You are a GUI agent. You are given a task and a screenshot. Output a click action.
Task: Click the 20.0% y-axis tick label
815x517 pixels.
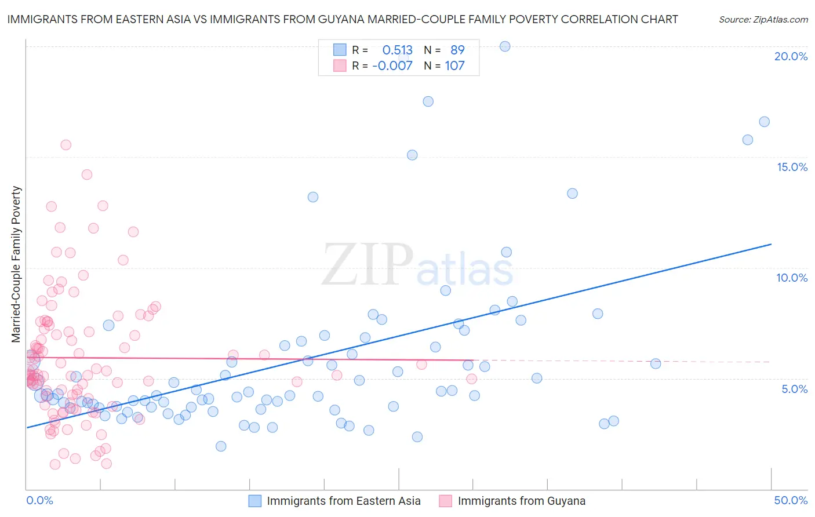(x=791, y=56)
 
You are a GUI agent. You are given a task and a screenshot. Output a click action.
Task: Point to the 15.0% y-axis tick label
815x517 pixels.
(x=792, y=167)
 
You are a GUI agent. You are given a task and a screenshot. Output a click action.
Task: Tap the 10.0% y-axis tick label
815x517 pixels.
(x=792, y=278)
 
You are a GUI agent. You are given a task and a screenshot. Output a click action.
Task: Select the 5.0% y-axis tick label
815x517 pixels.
(x=794, y=389)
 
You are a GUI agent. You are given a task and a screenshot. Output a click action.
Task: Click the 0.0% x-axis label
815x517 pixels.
(x=39, y=500)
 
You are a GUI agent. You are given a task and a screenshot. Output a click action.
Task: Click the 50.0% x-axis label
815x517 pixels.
(x=791, y=500)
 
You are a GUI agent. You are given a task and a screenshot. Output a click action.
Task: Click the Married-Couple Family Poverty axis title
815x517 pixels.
(x=16, y=264)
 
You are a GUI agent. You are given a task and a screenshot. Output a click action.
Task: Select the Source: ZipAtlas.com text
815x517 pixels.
(x=763, y=20)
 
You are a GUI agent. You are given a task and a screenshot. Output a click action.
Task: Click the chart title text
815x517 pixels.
(x=342, y=20)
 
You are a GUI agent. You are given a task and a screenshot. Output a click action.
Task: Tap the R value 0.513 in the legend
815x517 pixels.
(x=397, y=50)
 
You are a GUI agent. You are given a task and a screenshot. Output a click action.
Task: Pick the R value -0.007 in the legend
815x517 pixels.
(x=392, y=65)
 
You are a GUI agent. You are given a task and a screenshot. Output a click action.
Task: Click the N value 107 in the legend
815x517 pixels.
(x=454, y=65)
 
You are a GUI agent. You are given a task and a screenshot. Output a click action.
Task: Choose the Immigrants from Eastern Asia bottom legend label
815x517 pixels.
(x=343, y=501)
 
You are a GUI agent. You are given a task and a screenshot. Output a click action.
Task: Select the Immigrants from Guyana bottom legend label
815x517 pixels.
(x=521, y=501)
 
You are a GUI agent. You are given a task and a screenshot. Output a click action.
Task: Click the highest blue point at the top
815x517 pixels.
(x=505, y=46)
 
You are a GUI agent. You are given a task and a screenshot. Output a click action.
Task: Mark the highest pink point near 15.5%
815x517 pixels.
(x=66, y=145)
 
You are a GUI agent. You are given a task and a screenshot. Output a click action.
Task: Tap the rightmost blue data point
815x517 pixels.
(x=764, y=122)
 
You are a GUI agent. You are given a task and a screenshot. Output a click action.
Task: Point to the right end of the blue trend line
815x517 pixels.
(x=771, y=244)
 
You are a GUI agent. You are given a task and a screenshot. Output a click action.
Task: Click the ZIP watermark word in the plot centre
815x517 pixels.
(x=368, y=264)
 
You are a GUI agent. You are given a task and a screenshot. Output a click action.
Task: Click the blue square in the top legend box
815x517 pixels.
(x=340, y=50)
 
